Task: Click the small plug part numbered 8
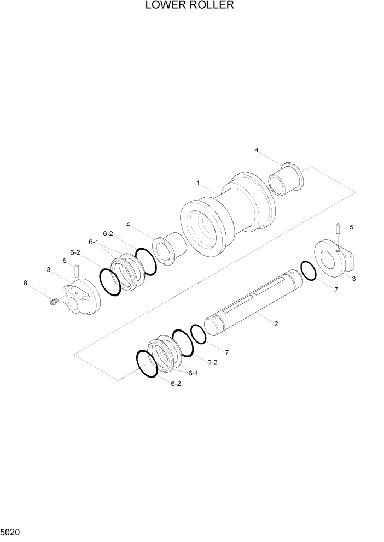(54, 302)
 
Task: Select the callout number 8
(25, 282)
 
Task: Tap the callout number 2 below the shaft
(276, 324)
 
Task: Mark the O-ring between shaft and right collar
(308, 271)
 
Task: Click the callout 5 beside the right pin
(351, 227)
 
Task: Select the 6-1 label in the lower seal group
(193, 373)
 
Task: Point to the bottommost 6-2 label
(175, 384)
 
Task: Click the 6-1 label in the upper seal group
(94, 242)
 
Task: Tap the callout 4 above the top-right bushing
(256, 150)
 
